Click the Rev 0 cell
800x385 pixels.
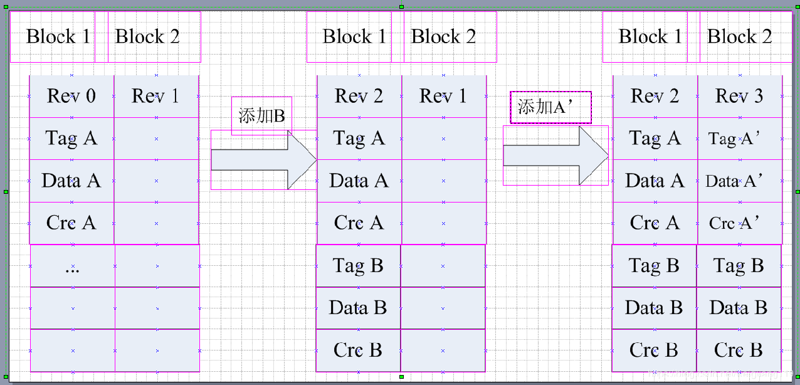71,96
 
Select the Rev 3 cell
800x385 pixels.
739,96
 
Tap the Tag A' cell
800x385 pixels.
739,139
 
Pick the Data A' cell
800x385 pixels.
739,181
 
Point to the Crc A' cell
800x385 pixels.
739,223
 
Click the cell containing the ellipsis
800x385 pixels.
72,266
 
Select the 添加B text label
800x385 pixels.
261,115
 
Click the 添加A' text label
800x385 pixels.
550,107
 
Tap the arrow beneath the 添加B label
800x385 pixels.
263,159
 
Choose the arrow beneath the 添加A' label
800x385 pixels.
555,156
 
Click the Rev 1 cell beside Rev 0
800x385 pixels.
155,96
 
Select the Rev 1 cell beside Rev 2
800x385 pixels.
443,96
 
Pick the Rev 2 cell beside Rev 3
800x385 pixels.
655,96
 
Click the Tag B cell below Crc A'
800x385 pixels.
739,266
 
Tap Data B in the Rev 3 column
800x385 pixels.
739,308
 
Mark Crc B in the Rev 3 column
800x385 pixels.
739,350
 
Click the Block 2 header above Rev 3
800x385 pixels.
740,36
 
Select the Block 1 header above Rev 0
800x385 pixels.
58,36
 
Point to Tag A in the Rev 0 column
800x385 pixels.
71,138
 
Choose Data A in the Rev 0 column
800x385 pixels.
71,181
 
